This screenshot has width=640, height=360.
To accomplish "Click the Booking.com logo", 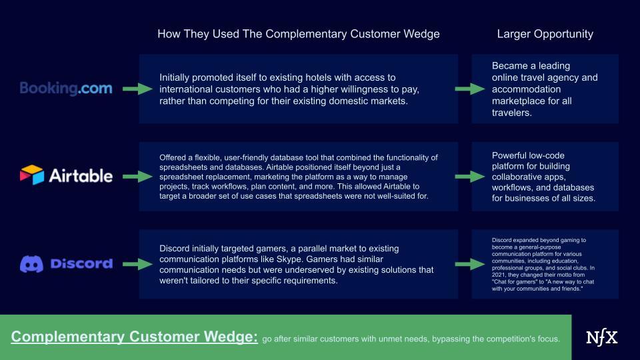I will click(x=66, y=88).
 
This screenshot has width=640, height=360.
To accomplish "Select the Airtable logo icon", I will click(x=32, y=175).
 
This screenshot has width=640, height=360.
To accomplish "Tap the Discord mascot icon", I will click(x=31, y=264).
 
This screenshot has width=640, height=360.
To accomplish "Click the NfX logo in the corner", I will click(x=601, y=337).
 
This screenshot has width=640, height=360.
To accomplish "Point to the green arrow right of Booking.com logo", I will click(x=137, y=89).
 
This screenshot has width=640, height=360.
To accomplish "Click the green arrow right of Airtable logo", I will click(x=137, y=177).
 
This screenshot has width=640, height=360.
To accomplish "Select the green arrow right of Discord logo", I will click(x=137, y=265).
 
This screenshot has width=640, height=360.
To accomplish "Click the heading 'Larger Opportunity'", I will click(x=545, y=34).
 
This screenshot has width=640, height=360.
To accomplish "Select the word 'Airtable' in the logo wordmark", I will click(x=81, y=176).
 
